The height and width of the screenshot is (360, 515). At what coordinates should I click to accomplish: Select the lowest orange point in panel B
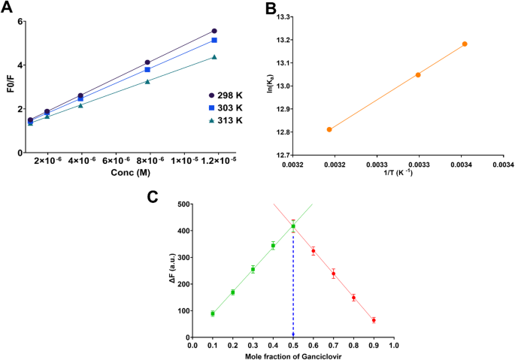pos(329,129)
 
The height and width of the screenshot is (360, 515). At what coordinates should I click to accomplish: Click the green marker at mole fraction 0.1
pos(213,313)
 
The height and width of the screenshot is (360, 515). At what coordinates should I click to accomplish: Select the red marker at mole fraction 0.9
pos(374,320)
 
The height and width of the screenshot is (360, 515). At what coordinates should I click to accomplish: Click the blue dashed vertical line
pos(293,286)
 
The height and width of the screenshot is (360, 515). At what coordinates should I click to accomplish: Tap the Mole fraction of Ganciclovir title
pos(292,354)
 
